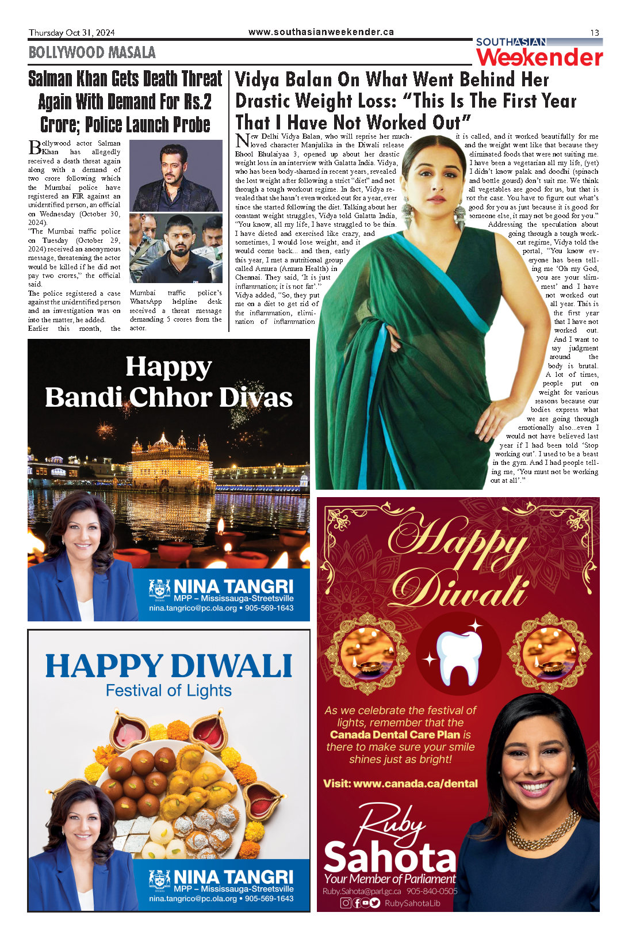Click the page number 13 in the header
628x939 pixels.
coord(594,33)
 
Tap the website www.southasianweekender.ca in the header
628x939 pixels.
coord(321,32)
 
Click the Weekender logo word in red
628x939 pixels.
coord(539,58)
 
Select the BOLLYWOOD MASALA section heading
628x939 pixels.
coord(92,53)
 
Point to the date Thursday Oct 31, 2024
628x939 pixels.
coord(72,33)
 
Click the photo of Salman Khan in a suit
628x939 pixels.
coord(175,176)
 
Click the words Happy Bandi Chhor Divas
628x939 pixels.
coord(169,382)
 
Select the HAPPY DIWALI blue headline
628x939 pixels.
coord(169,666)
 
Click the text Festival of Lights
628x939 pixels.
coord(169,690)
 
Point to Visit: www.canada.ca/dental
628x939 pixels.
coord(400,783)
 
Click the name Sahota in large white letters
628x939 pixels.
coord(389,858)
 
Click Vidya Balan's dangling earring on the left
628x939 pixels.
coord(408,213)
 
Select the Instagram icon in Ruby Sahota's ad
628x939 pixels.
coord(346,903)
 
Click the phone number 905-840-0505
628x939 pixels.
coord(432,891)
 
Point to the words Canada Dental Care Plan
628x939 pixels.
coord(395,735)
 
